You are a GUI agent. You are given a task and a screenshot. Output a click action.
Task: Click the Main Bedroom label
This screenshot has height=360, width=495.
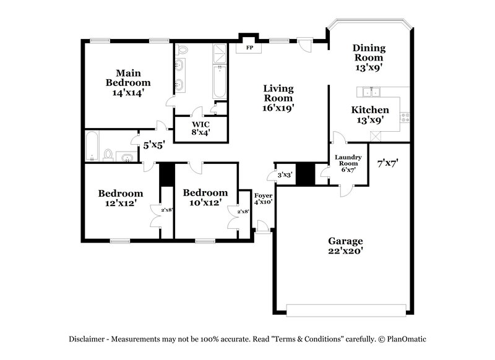pyautogui.click(x=127, y=82)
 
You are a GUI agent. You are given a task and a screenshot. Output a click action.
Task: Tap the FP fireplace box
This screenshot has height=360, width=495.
pyautogui.click(x=250, y=47)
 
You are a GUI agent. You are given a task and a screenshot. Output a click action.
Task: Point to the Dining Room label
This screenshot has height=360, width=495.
pyautogui.click(x=369, y=58)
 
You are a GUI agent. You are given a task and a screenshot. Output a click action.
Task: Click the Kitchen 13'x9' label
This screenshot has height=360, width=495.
pyautogui.click(x=370, y=115)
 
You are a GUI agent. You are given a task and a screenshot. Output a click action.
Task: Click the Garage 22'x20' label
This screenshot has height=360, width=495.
pyautogui.click(x=345, y=246)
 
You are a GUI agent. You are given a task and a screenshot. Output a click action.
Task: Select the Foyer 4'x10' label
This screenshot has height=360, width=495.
pyautogui.click(x=264, y=197)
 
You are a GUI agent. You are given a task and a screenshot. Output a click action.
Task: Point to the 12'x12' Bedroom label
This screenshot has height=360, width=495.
pyautogui.click(x=121, y=198)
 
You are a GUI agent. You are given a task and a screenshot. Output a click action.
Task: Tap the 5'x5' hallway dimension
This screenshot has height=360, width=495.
pyautogui.click(x=154, y=147)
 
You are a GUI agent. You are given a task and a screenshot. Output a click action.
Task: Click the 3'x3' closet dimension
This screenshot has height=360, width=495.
pyautogui.click(x=285, y=175)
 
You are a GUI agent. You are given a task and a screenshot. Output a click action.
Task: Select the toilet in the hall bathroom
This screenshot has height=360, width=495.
pyautogui.click(x=108, y=154)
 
